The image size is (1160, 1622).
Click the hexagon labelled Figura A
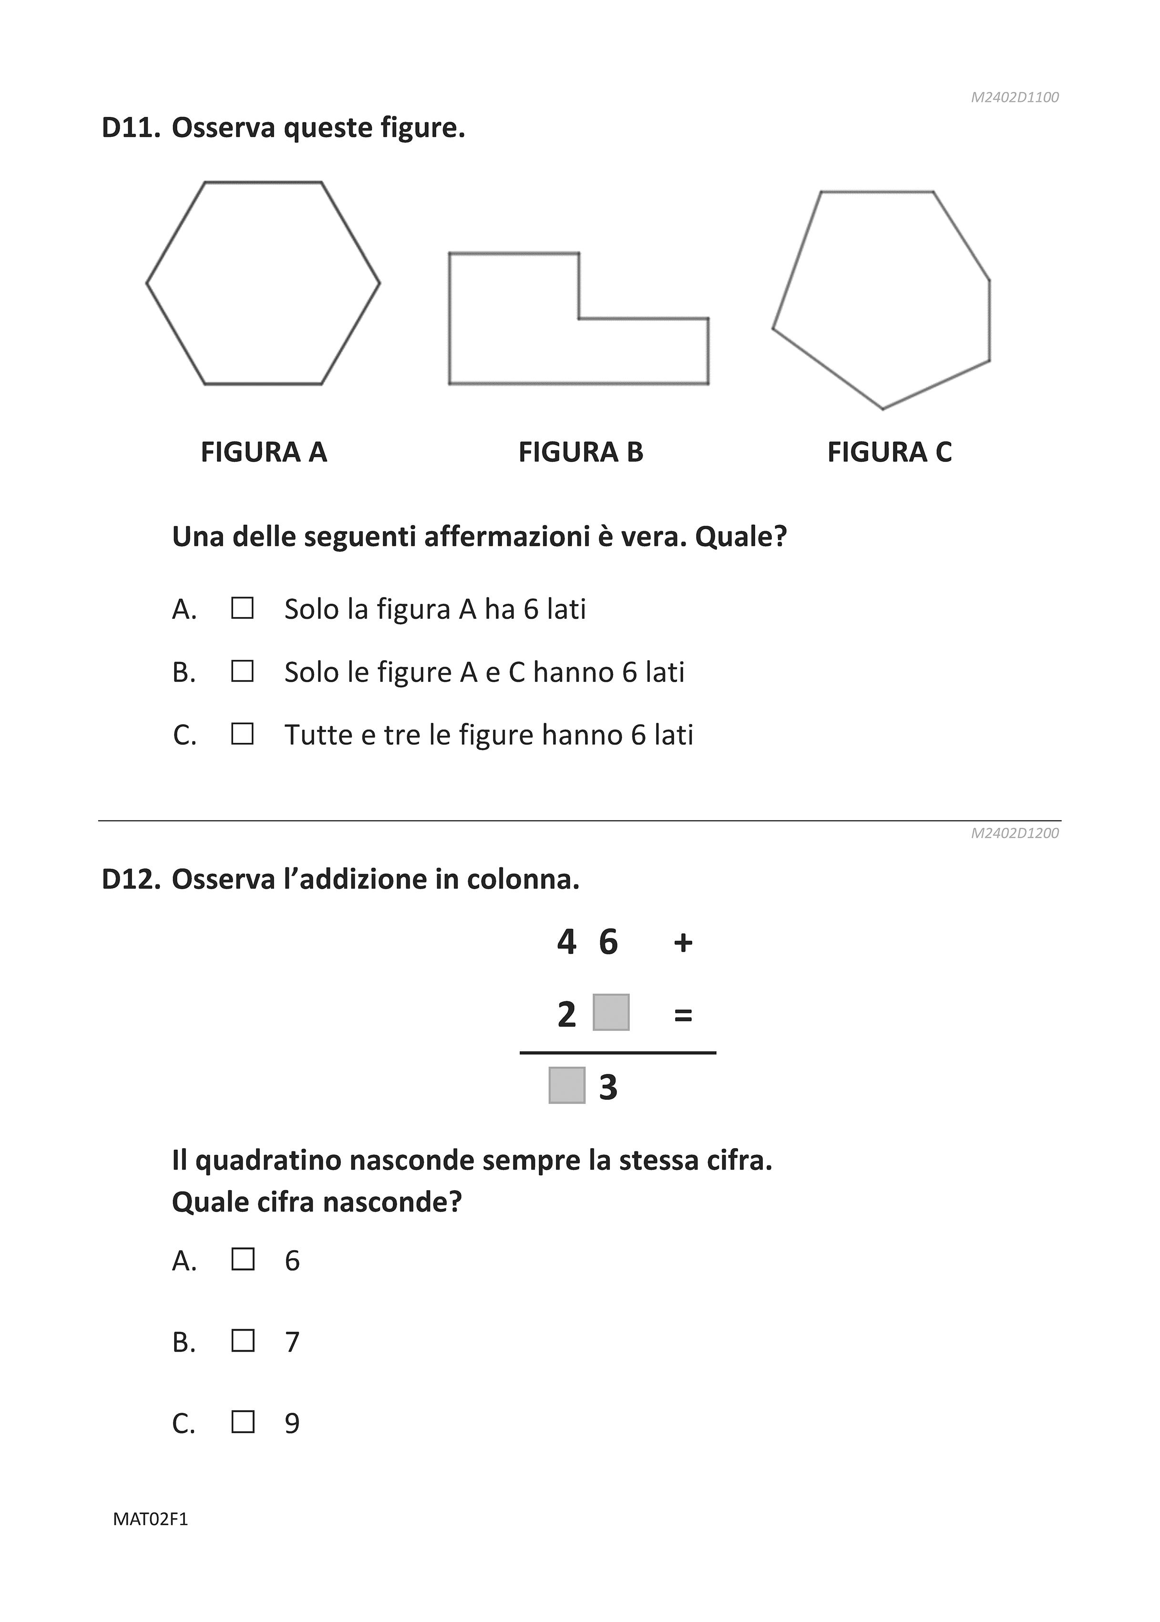(263, 284)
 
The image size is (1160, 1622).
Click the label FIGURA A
(264, 452)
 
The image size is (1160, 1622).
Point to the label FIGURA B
(581, 452)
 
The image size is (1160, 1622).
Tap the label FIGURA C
(889, 452)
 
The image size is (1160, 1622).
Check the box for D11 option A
(242, 608)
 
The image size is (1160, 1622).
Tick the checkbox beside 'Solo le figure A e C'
(242, 671)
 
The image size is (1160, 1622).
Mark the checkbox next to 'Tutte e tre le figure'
(242, 734)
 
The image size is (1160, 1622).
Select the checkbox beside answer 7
(243, 1341)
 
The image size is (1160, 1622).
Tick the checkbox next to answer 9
(243, 1422)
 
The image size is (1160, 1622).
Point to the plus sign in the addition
(683, 943)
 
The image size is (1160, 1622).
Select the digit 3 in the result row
(608, 1087)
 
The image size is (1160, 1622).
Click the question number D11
(130, 129)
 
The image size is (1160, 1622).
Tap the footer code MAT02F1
(151, 1519)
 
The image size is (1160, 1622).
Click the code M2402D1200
(1014, 833)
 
